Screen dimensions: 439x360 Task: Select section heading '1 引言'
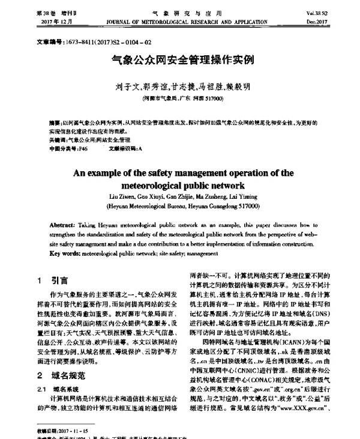click(53, 280)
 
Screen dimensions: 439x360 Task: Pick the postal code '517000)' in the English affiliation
click(247, 205)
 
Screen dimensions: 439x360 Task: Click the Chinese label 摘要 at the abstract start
click(54, 121)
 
